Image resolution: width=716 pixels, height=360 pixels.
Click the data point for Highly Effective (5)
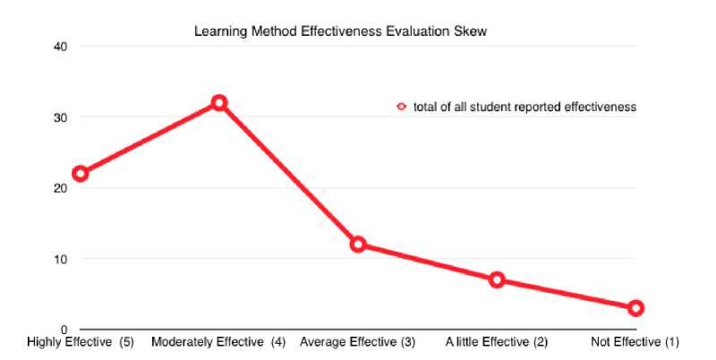(x=81, y=174)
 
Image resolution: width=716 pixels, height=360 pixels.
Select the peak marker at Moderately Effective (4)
(x=218, y=103)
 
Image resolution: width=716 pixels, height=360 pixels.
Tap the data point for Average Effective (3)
(x=358, y=244)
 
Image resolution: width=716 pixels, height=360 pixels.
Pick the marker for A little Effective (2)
(x=497, y=279)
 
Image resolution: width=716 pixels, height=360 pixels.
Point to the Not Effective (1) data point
(x=635, y=308)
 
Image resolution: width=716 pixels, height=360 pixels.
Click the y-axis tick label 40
(x=61, y=47)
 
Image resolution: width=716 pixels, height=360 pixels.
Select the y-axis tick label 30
(x=61, y=117)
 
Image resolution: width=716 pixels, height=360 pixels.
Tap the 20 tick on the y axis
(x=61, y=188)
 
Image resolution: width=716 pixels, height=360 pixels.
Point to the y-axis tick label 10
(x=61, y=259)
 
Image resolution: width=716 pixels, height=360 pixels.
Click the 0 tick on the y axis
(x=64, y=330)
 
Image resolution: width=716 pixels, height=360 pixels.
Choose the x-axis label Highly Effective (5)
(x=81, y=342)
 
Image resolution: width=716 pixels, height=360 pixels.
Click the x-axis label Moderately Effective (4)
(x=218, y=342)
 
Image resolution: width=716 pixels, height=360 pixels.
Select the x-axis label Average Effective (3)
(x=358, y=342)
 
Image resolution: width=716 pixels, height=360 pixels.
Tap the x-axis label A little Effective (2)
(x=497, y=342)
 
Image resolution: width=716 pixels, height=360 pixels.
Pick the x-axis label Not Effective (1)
(x=636, y=342)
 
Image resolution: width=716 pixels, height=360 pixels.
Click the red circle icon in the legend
(x=402, y=107)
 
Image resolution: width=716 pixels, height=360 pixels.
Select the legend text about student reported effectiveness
(x=524, y=107)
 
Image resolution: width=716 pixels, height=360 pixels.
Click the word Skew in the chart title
(x=472, y=31)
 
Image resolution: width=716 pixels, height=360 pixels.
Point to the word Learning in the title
(x=217, y=31)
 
